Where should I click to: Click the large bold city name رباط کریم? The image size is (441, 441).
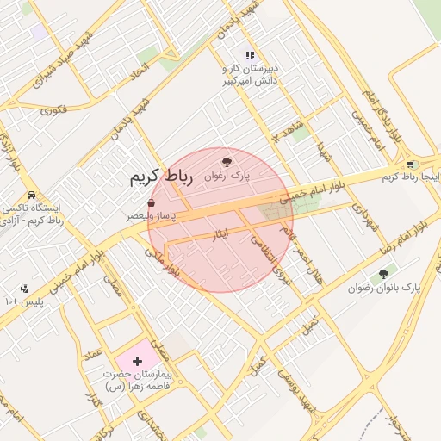pyautogui.click(x=159, y=177)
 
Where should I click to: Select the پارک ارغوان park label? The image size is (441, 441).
pyautogui.click(x=227, y=175)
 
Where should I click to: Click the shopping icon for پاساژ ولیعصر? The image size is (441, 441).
pyautogui.click(x=152, y=203)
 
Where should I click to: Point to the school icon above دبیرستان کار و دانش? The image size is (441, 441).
pyautogui.click(x=251, y=55)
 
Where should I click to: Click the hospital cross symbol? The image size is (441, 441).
pyautogui.click(x=138, y=357)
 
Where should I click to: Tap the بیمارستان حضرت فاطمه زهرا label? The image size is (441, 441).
pyautogui.click(x=138, y=380)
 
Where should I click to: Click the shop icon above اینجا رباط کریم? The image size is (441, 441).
pyautogui.click(x=410, y=164)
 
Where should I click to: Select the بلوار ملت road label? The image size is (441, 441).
pyautogui.click(x=163, y=262)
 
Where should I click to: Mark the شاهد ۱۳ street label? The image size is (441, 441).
pyautogui.click(x=287, y=131)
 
